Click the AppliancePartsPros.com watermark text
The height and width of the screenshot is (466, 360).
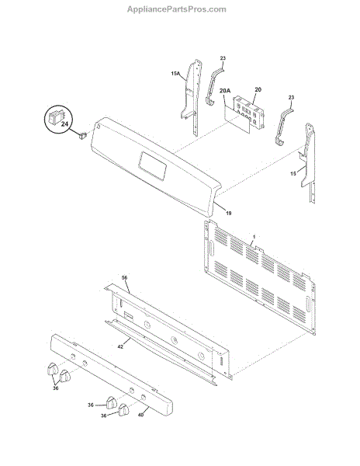[x=177, y=9]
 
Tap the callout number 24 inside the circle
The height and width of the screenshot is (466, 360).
[x=64, y=123]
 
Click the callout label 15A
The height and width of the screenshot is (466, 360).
[x=175, y=73]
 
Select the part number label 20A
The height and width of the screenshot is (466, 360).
[x=225, y=91]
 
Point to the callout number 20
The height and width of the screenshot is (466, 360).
[x=258, y=89]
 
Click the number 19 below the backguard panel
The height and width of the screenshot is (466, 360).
[x=229, y=213]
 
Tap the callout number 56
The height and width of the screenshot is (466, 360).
[x=124, y=278]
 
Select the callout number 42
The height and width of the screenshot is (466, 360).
[x=120, y=346]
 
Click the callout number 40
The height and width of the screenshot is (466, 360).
[x=140, y=415]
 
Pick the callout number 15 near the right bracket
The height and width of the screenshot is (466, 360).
[x=293, y=173]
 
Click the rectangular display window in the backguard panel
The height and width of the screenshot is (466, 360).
[x=152, y=165]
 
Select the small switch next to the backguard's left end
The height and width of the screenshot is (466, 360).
[x=82, y=135]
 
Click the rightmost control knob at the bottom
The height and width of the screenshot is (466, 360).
[x=124, y=409]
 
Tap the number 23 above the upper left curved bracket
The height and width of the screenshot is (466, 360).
[x=223, y=58]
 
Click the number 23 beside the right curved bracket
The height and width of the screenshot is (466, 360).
[x=291, y=98]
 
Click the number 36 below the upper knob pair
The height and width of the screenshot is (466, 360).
[x=56, y=388]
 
